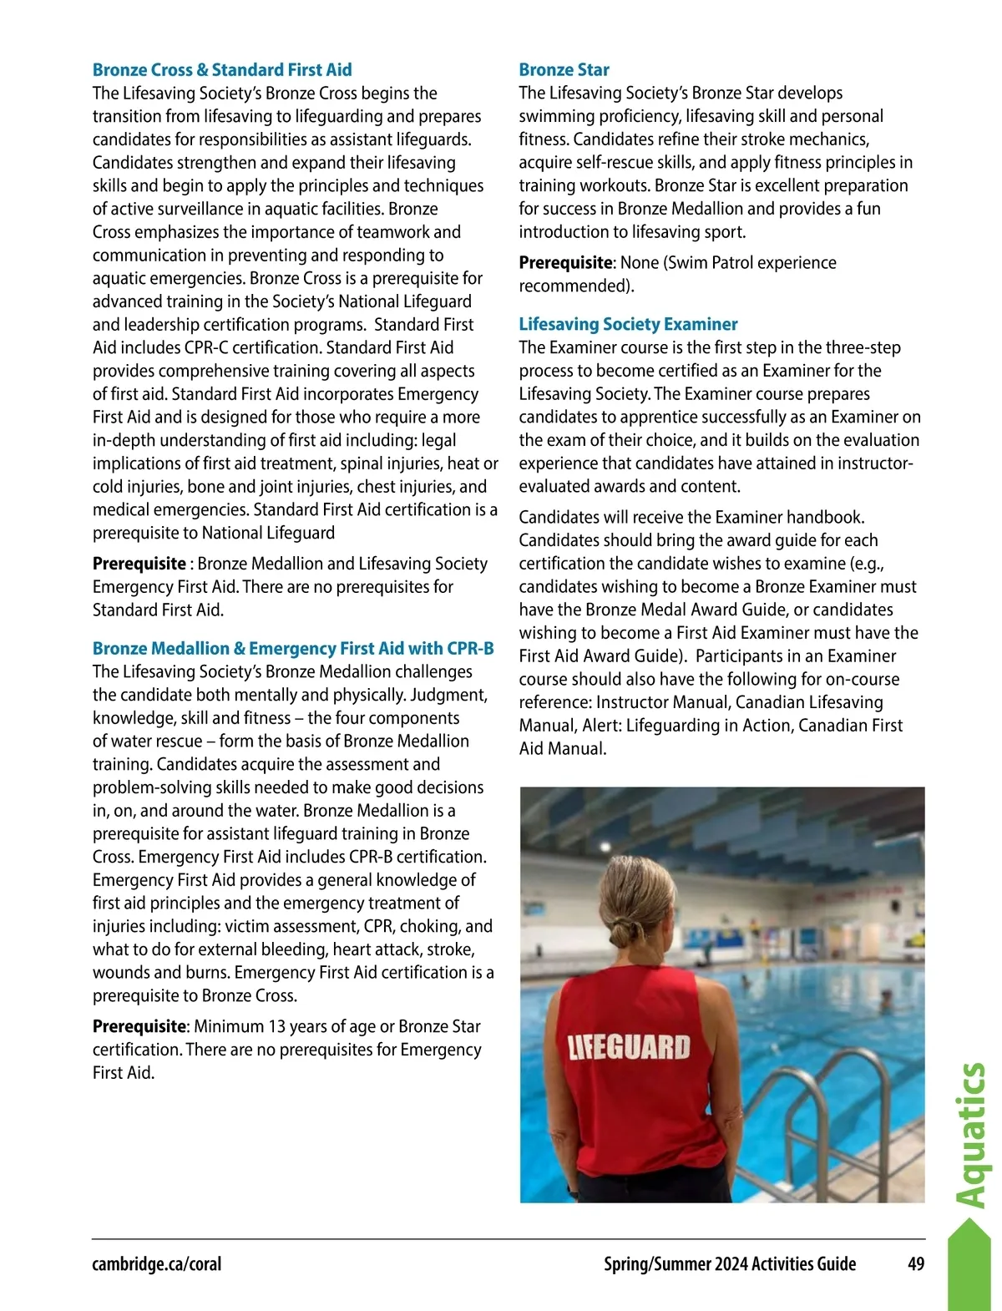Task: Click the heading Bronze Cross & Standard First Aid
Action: [x=222, y=70]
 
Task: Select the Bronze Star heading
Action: [x=564, y=70]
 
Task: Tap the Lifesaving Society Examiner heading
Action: [x=628, y=324]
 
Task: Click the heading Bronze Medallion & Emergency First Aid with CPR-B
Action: [x=293, y=649]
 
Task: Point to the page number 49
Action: [x=916, y=1264]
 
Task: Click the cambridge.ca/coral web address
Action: [x=157, y=1264]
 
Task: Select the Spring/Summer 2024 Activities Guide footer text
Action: [x=730, y=1264]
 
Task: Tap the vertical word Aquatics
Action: [x=971, y=1135]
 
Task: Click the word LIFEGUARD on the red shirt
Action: [x=629, y=1047]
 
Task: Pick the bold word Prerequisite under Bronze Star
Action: [x=565, y=263]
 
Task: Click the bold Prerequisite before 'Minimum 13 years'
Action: [x=139, y=1027]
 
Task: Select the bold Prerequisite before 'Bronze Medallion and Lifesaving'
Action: [x=139, y=564]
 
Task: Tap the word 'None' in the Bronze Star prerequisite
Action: [x=640, y=263]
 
